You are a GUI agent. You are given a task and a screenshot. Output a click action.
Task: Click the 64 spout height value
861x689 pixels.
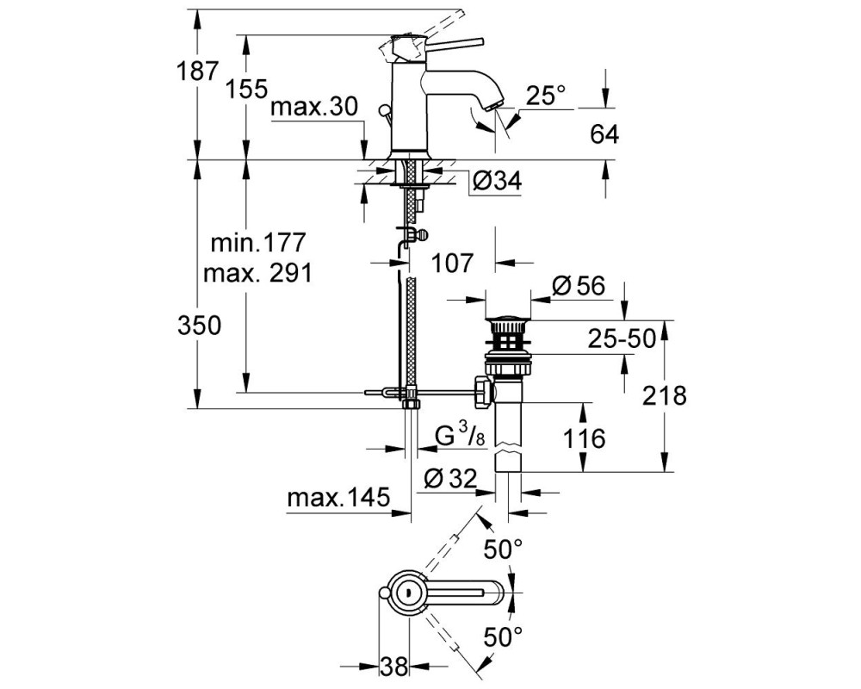pyautogui.click(x=604, y=134)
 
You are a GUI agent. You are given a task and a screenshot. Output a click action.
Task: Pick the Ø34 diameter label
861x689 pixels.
pyautogui.click(x=497, y=181)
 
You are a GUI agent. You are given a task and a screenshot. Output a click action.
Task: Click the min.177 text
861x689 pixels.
pyautogui.click(x=258, y=242)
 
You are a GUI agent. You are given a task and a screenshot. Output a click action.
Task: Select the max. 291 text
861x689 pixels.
pyautogui.click(x=258, y=272)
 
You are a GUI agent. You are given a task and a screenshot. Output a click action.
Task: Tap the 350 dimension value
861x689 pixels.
pyautogui.click(x=200, y=326)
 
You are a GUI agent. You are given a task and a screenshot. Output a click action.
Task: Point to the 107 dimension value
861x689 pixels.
pyautogui.click(x=451, y=264)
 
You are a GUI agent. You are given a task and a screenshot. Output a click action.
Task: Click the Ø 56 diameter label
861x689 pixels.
pyautogui.click(x=579, y=285)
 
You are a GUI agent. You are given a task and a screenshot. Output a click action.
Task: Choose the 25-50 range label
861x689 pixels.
pyautogui.click(x=622, y=339)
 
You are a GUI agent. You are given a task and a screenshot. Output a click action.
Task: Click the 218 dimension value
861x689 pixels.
pyautogui.click(x=665, y=395)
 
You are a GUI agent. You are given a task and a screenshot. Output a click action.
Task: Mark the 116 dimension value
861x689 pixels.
pyautogui.click(x=585, y=438)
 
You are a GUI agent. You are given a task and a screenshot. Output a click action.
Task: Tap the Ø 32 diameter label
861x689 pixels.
pyautogui.click(x=451, y=479)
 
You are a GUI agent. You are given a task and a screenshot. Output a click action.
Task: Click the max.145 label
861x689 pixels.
pyautogui.click(x=338, y=498)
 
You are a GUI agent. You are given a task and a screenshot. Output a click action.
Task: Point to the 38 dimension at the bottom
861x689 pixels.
pyautogui.click(x=394, y=667)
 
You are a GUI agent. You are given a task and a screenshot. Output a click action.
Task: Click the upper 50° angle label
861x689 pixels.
pyautogui.click(x=503, y=549)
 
